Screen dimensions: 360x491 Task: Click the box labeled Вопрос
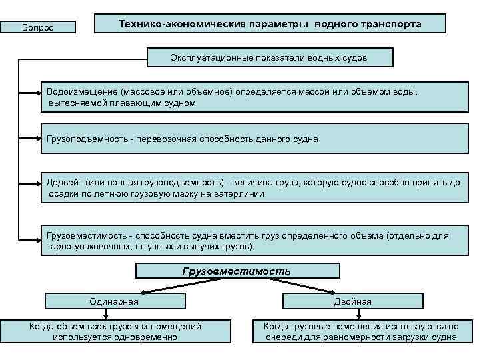click(38, 27)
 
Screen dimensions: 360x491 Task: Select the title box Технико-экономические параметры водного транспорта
click(270, 24)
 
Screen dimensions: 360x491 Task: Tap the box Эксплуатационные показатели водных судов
click(269, 58)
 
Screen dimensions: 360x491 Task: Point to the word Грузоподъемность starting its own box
click(85, 139)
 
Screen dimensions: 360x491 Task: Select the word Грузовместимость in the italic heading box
click(237, 271)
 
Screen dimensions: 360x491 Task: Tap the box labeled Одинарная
click(114, 301)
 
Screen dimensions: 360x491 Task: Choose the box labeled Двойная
click(352, 301)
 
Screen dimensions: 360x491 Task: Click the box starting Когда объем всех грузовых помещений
click(115, 331)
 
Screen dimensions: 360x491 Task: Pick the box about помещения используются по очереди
click(362, 331)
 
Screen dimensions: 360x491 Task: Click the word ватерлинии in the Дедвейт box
click(241, 193)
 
